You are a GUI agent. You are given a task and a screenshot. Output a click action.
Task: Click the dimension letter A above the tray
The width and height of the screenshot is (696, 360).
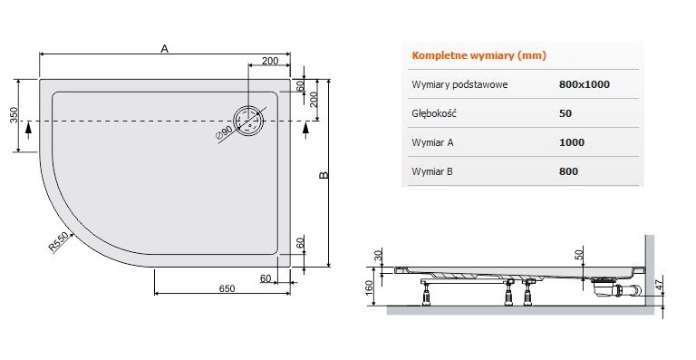click(x=165, y=50)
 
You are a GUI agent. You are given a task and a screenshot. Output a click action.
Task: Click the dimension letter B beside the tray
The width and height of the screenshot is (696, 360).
click(x=323, y=174)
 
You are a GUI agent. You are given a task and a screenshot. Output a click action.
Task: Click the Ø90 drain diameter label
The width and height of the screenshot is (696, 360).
click(x=223, y=133)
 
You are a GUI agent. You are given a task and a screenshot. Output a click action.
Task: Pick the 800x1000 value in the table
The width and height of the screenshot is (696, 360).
click(x=585, y=84)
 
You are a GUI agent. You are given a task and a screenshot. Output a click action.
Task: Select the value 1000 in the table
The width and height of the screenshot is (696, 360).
click(x=572, y=142)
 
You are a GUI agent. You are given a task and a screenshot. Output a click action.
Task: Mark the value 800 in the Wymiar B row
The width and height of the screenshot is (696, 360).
click(x=569, y=170)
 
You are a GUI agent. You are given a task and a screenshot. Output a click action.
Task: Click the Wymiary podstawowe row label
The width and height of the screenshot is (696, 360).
click(x=459, y=84)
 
